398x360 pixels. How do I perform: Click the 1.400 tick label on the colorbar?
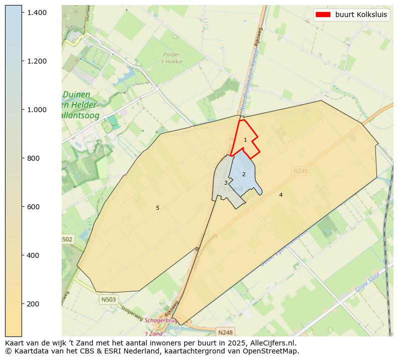coord(37,12)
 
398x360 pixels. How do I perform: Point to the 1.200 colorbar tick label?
coord(37,61)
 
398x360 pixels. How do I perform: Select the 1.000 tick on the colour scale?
coord(37,110)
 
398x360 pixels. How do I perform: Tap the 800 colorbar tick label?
coord(33,158)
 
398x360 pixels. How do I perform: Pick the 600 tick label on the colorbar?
coord(33,207)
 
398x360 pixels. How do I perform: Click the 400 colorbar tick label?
coord(33,255)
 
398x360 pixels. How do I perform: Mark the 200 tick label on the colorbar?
coord(33,304)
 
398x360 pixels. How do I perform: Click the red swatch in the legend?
coord(323,15)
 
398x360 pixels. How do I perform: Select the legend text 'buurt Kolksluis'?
coord(361,15)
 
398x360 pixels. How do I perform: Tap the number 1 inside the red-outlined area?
coord(245,140)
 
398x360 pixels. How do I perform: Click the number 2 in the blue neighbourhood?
coord(244,174)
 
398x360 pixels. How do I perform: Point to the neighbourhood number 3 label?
coord(226,183)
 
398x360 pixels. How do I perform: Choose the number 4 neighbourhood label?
coord(281,195)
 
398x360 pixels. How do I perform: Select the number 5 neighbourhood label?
coord(157,208)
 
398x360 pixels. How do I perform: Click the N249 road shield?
coord(301,171)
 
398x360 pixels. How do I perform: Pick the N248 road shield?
coord(226,332)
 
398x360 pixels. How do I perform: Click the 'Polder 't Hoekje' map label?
coord(172,58)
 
